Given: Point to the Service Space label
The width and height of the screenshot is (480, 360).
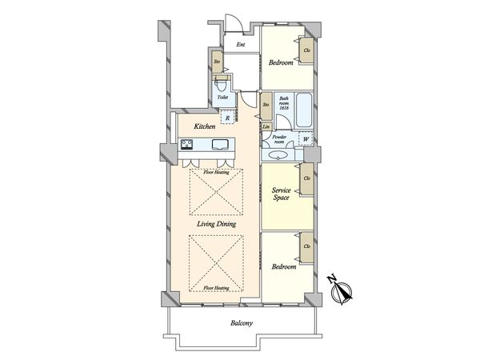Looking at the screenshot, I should (280, 193).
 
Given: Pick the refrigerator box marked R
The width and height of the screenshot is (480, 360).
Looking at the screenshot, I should (229, 118).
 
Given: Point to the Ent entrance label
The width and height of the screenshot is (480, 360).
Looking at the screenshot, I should (240, 45).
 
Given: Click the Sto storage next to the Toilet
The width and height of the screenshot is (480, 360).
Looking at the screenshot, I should (217, 61).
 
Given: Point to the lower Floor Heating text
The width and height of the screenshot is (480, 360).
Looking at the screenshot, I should (217, 287).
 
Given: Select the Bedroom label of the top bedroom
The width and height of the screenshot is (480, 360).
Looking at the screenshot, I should (281, 62).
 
